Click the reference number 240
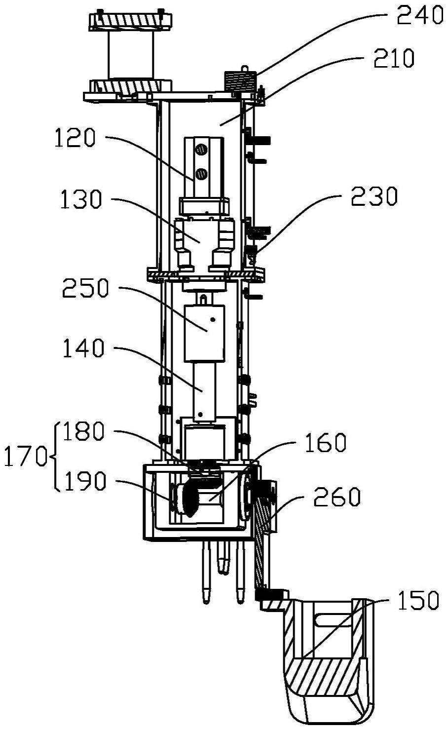[420, 16]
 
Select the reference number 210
[394, 58]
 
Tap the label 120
[75, 138]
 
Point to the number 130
[81, 199]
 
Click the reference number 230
[374, 196]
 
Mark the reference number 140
[84, 348]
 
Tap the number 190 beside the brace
[85, 481]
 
